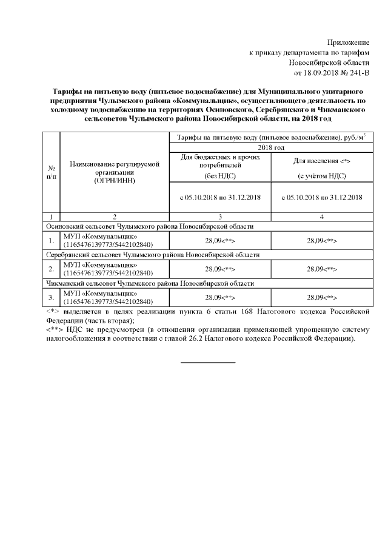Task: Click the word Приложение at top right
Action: pyautogui.click(x=348, y=42)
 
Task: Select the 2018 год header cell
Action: pyautogui.click(x=270, y=147)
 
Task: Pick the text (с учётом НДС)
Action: pyautogui.click(x=322, y=176)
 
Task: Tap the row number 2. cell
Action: pyautogui.click(x=51, y=269)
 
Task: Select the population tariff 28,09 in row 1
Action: pyautogui.click(x=322, y=240)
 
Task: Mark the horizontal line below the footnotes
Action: pyautogui.click(x=208, y=362)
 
